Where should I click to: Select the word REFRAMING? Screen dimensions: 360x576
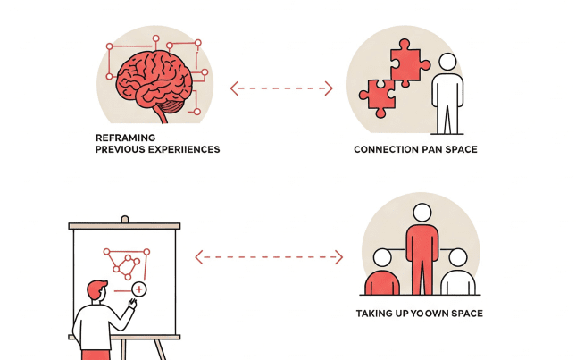click(x=125, y=137)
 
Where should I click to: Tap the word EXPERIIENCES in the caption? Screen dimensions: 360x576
click(x=182, y=149)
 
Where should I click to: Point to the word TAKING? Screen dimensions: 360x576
click(x=376, y=314)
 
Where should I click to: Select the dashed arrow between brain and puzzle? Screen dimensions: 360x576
click(x=281, y=88)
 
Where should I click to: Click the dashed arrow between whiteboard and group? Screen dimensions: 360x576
click(x=268, y=257)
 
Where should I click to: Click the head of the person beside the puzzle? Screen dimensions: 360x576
click(x=447, y=62)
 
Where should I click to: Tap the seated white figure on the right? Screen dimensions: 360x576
click(x=458, y=275)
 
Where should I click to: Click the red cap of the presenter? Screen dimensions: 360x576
click(x=97, y=287)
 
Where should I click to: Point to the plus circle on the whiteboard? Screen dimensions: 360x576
click(x=138, y=289)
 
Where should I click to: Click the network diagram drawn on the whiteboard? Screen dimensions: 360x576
click(x=125, y=263)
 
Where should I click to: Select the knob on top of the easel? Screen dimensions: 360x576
click(x=124, y=219)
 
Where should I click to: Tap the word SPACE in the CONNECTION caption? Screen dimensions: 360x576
click(x=460, y=149)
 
